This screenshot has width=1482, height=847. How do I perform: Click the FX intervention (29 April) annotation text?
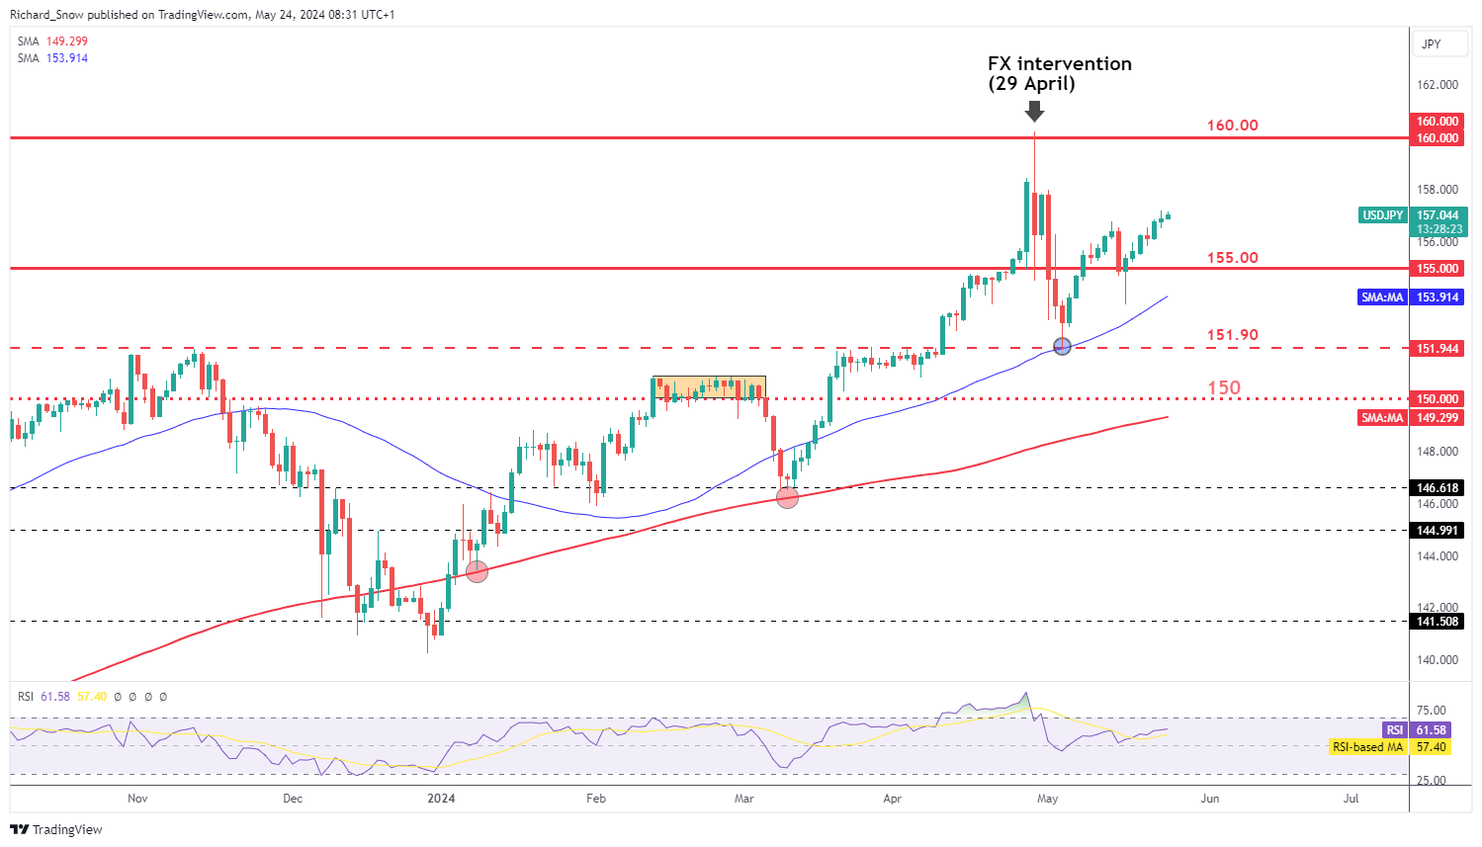point(1059,73)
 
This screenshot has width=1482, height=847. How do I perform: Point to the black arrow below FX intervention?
point(1034,111)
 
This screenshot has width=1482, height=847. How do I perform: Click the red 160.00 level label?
point(1232,126)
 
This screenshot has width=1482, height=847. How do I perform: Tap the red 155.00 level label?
point(1232,258)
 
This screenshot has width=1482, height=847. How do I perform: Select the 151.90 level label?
point(1232,335)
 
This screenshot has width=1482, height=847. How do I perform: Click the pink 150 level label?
point(1224,387)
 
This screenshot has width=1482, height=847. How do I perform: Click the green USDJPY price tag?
point(1383,215)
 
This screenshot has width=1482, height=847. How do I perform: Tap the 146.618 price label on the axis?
point(1438,488)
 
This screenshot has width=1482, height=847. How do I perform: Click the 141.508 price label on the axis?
point(1438,622)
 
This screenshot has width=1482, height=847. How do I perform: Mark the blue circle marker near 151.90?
point(1063,346)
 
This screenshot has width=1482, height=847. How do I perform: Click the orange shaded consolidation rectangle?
point(709,387)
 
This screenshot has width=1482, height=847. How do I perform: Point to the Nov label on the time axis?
point(137,799)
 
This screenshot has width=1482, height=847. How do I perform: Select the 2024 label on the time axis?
point(441,799)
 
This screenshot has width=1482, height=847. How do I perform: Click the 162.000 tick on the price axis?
point(1438,85)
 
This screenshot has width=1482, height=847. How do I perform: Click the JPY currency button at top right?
point(1431,44)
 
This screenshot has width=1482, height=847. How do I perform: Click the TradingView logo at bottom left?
point(57,829)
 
